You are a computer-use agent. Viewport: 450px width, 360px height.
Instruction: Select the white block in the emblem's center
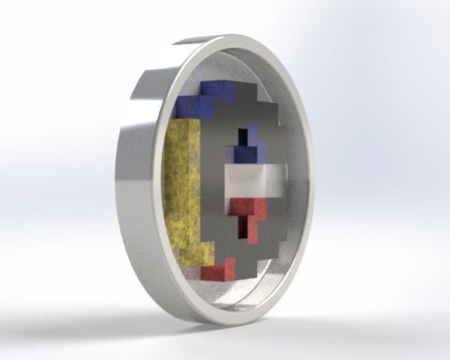point(255,181)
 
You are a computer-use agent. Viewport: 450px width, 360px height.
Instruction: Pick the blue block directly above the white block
point(247,153)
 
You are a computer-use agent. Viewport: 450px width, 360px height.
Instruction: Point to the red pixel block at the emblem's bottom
point(218,269)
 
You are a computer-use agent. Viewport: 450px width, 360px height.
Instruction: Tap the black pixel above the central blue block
point(242,137)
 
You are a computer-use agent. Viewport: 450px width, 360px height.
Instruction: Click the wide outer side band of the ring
point(135,187)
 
